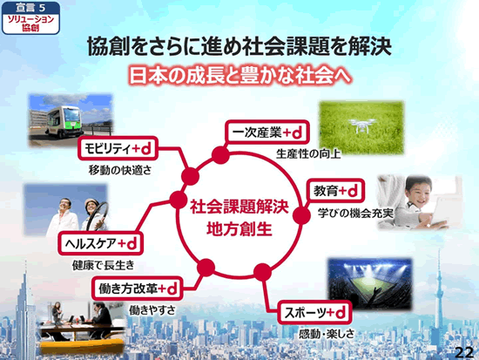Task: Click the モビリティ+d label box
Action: click(x=118, y=149)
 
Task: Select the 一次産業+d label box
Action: click(x=267, y=132)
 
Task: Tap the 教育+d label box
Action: click(x=335, y=191)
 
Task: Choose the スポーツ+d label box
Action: click(x=314, y=313)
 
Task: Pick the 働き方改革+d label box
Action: click(x=137, y=289)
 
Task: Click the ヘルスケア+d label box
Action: click(x=100, y=243)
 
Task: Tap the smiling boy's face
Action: click(x=418, y=194)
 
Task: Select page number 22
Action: click(x=464, y=353)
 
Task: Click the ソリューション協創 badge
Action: click(x=30, y=18)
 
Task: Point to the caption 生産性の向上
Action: click(x=308, y=153)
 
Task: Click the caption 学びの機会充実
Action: click(x=355, y=214)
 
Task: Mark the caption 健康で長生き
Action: click(x=104, y=265)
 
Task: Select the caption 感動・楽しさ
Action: click(x=327, y=334)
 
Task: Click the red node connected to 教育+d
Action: click(x=301, y=215)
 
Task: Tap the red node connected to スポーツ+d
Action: click(x=262, y=272)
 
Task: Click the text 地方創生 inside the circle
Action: click(x=239, y=229)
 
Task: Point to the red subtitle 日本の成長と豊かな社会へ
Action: click(x=240, y=75)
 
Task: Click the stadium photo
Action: click(x=369, y=284)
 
